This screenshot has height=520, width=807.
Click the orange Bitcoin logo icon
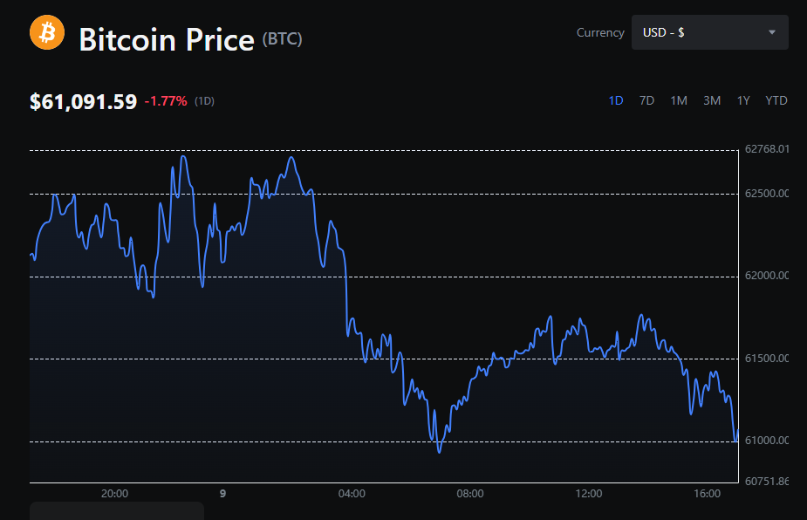point(47,33)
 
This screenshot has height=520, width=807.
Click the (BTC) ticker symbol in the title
point(282,39)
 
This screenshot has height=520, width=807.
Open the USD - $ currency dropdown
point(709,32)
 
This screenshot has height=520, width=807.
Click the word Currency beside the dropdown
point(600,32)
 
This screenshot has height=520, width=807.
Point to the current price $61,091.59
point(83,101)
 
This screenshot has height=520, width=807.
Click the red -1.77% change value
point(166,101)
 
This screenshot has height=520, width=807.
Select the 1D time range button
point(616,100)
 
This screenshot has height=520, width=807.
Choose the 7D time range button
point(646,100)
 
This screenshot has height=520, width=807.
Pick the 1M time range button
point(679,100)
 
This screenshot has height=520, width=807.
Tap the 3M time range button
point(712,100)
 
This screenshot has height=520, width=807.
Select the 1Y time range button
point(743,100)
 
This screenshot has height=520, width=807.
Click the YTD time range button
point(776,100)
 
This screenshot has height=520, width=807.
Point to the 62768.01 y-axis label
point(767,149)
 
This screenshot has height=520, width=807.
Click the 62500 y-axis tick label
point(767,193)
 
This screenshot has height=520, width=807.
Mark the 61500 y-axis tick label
point(767,359)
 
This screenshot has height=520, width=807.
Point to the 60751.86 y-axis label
point(767,481)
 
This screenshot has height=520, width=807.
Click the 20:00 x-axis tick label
point(114,494)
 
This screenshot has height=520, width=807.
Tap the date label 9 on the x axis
point(222,494)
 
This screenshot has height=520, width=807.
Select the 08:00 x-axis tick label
point(470,494)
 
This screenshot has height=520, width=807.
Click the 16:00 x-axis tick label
point(707,494)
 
